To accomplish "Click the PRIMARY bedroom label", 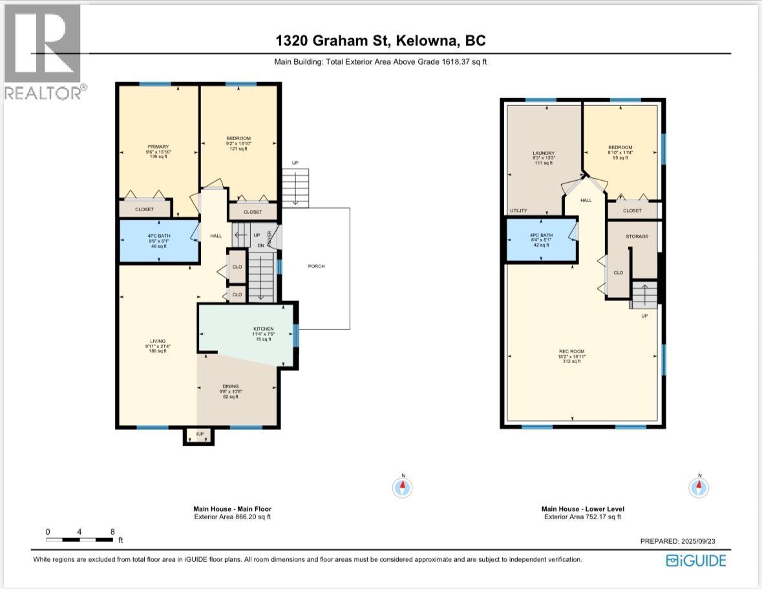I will [158, 147].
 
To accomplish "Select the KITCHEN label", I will [263, 329].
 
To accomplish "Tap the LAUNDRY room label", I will [539, 153].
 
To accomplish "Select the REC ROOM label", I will [571, 352].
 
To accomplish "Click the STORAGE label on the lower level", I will [637, 236].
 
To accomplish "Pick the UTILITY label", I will [519, 211].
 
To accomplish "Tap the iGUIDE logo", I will [696, 560].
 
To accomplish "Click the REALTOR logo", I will [43, 52].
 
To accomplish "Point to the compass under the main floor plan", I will [403, 486].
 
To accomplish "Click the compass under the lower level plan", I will [698, 486].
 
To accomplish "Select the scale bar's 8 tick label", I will [112, 532].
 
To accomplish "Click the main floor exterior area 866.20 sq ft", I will [232, 517].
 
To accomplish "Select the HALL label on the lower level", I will [586, 200].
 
